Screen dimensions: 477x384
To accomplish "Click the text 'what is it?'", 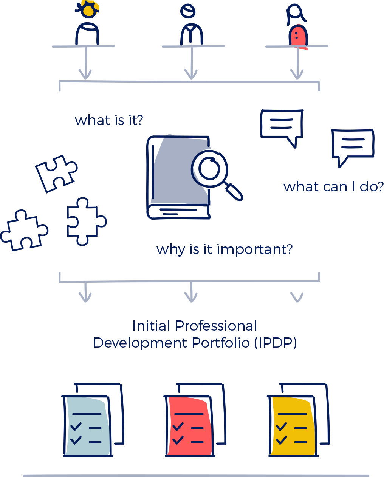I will tap(109, 120).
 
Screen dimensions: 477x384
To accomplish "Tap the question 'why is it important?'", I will tap(225, 249).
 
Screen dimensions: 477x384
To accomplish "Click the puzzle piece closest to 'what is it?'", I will tap(56, 173).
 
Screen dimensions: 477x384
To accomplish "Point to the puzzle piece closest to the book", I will tap(85, 221).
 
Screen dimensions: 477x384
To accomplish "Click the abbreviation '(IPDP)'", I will tap(275, 343).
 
